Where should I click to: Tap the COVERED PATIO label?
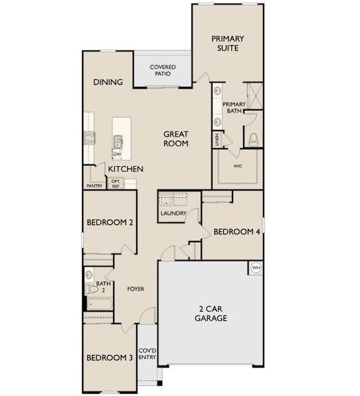click(x=162, y=71)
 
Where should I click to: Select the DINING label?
click(x=108, y=82)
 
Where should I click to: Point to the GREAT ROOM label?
click(x=176, y=139)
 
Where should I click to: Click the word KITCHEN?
click(x=126, y=170)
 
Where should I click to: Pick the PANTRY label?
click(x=94, y=186)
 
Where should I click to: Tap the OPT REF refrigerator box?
click(x=116, y=183)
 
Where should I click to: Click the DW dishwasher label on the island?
click(x=118, y=154)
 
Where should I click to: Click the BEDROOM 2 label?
click(x=110, y=223)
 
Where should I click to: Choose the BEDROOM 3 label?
click(x=110, y=358)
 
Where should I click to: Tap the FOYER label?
click(x=135, y=289)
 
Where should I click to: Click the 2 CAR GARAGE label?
click(x=211, y=313)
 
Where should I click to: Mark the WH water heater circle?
click(x=256, y=267)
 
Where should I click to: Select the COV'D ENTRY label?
click(x=147, y=355)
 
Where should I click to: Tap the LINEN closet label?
click(x=217, y=139)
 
